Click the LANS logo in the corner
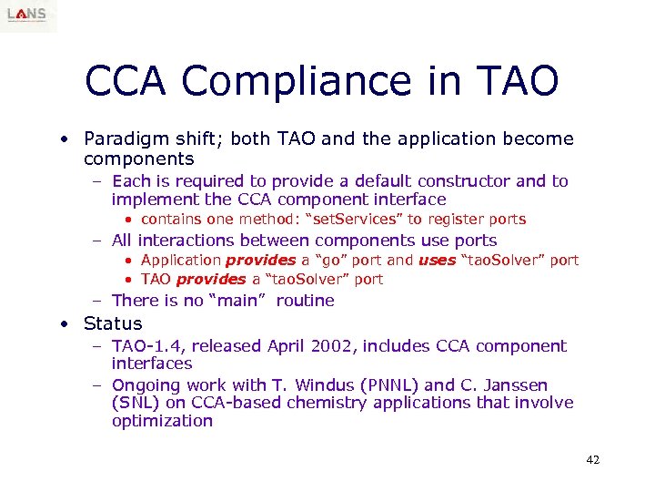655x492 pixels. pos(28,15)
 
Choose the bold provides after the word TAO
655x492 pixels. pos(211,279)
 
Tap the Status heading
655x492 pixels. pos(113,323)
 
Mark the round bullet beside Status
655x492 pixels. pos(65,324)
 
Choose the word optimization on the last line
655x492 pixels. pos(162,421)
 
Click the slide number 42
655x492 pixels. pos(592,460)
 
